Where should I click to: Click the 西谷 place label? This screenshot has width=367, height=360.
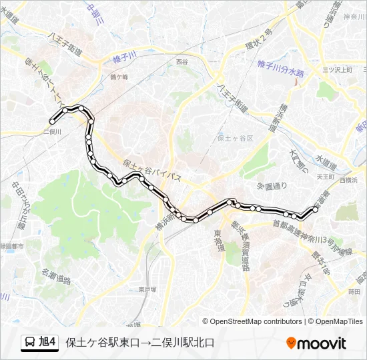pos(182,62)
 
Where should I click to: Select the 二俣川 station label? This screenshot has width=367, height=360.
pos(52,131)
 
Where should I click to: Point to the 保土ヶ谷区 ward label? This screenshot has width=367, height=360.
pos(236,138)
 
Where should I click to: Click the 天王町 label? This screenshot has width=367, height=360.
pos(324,177)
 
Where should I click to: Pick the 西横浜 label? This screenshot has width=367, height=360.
pos(348,180)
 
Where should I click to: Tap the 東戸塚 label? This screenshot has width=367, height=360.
pos(147,289)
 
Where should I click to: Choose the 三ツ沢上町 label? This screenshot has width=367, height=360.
pos(337,69)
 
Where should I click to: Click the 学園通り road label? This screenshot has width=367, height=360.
pos(272,185)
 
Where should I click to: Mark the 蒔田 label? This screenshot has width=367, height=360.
pos(354,291)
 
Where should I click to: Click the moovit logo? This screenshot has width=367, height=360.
pos(316,343)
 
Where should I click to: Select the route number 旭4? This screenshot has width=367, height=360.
pos(48,343)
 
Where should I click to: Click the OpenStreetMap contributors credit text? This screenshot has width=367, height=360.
pos(256,321)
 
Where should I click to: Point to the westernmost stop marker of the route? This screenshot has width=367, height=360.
pos(52,121)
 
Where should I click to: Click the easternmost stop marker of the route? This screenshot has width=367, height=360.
pos(316,209)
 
